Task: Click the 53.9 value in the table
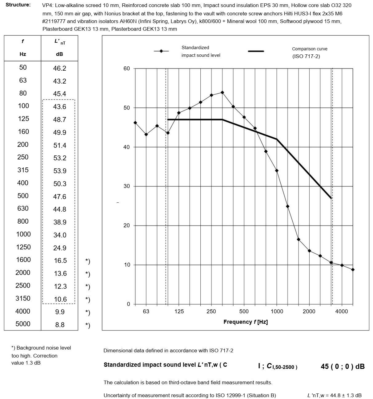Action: coord(60,171)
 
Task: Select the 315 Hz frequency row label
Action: coord(23,170)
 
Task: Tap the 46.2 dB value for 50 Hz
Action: coord(59,68)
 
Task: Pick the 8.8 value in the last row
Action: coord(60,325)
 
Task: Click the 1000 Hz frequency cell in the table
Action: coord(23,234)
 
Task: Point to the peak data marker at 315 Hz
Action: coord(222,92)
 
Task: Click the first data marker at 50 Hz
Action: coord(135,123)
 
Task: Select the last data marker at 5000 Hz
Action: coord(353,270)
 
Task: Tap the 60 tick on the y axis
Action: coord(127,68)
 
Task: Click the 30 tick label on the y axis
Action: coord(127,186)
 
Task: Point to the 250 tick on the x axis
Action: coord(211,311)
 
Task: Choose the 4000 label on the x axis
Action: coord(341,311)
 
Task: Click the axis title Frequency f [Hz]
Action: coord(246,322)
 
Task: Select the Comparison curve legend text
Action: coord(310,53)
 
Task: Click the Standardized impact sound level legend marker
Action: coord(161,51)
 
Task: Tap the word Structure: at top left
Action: coord(18,5)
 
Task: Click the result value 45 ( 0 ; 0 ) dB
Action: coord(343,366)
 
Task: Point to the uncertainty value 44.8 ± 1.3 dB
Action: coord(334,396)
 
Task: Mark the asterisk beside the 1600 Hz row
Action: coord(88,261)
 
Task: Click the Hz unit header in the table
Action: coord(23,54)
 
